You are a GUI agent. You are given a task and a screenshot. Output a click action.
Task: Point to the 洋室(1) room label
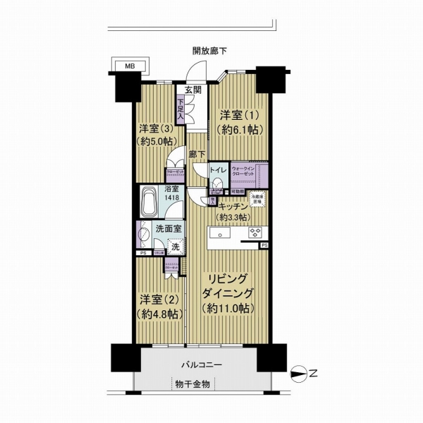click(236, 114)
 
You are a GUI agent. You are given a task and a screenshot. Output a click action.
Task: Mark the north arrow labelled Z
click(305, 374)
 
